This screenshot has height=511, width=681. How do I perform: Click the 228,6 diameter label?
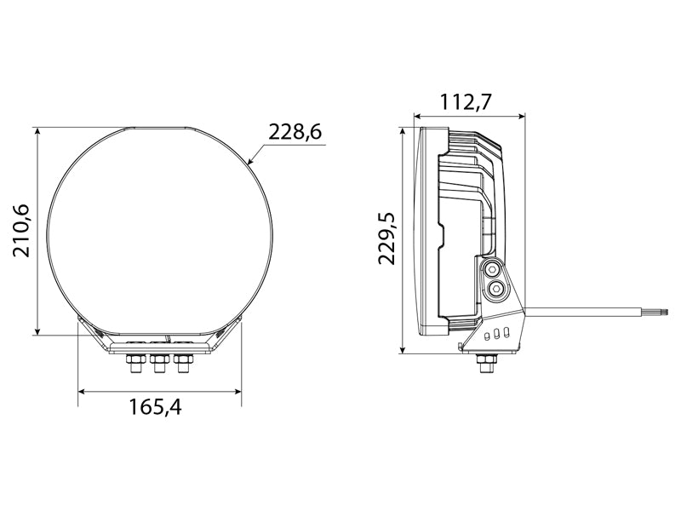[x=294, y=132]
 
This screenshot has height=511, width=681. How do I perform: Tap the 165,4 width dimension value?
[x=155, y=407]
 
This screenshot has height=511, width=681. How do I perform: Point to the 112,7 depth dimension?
[x=466, y=101]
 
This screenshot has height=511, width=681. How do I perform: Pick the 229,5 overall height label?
[x=386, y=239]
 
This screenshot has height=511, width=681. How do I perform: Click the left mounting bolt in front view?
[x=134, y=365]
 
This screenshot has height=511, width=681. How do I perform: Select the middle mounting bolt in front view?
[x=157, y=365]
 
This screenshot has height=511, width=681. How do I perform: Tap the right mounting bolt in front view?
[x=180, y=365]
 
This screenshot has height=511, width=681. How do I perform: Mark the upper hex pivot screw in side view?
[x=491, y=270]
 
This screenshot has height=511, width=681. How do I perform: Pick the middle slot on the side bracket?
[x=497, y=334]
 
